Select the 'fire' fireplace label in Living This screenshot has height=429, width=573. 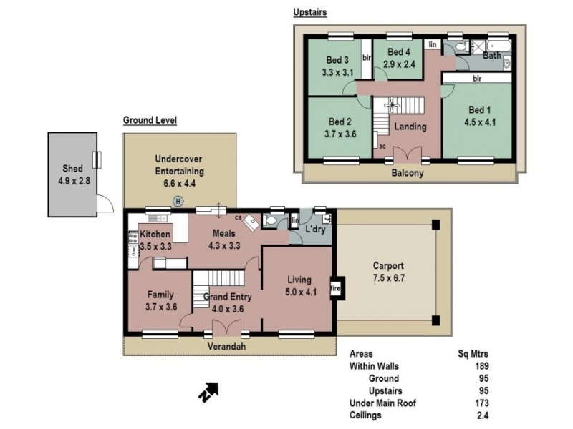334,290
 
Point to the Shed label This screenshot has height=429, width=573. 72,168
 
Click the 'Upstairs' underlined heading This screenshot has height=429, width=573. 311,12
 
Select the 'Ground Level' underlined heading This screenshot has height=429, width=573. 150,120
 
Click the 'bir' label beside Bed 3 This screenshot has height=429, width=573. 366,57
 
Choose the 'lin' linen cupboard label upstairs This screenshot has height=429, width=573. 432,44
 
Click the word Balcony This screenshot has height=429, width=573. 408,173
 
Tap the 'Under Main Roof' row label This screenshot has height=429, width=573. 382,403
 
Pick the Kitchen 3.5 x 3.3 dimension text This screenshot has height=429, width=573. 155,246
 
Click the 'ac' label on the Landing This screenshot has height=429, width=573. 382,146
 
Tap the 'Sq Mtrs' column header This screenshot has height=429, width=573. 473,353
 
